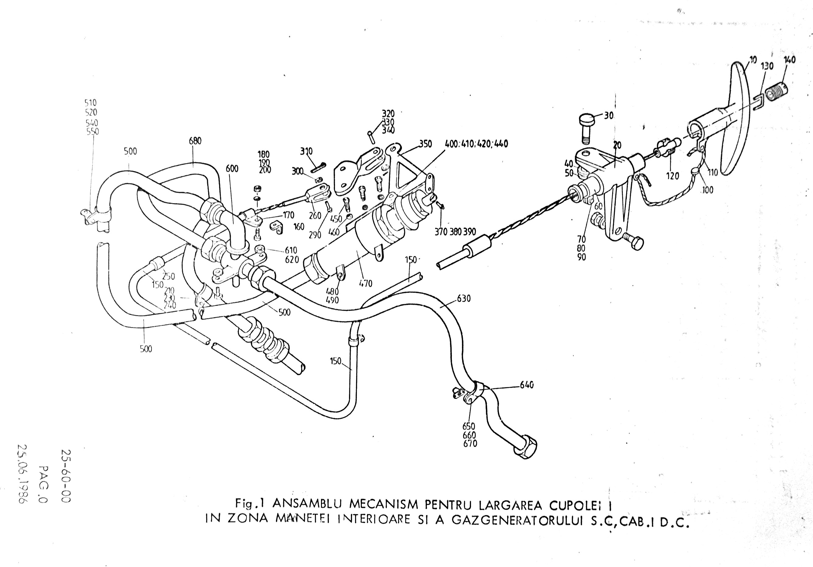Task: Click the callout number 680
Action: point(195,141)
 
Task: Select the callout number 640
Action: point(527,385)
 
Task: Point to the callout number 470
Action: point(365,283)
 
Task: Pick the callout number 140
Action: point(789,60)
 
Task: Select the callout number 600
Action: point(232,169)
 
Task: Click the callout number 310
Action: point(306,151)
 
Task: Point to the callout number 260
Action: point(315,215)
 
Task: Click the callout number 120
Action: point(672,175)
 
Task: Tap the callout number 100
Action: point(707,190)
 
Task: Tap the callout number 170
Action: point(288,215)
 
